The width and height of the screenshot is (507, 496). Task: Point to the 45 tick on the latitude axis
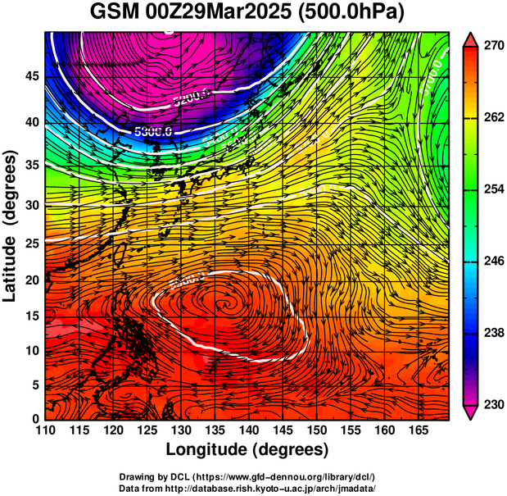(32, 76)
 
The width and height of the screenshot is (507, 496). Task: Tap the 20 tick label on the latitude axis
(32, 280)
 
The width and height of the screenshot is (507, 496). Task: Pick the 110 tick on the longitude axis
(45, 430)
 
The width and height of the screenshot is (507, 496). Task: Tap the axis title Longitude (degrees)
(247, 449)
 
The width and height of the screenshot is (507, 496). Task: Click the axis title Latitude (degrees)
(11, 225)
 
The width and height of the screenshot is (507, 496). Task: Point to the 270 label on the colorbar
(494, 47)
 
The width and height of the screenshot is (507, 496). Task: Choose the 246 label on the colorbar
(494, 262)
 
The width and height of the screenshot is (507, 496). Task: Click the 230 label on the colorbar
(494, 405)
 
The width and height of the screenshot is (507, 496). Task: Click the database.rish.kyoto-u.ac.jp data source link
(283, 488)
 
